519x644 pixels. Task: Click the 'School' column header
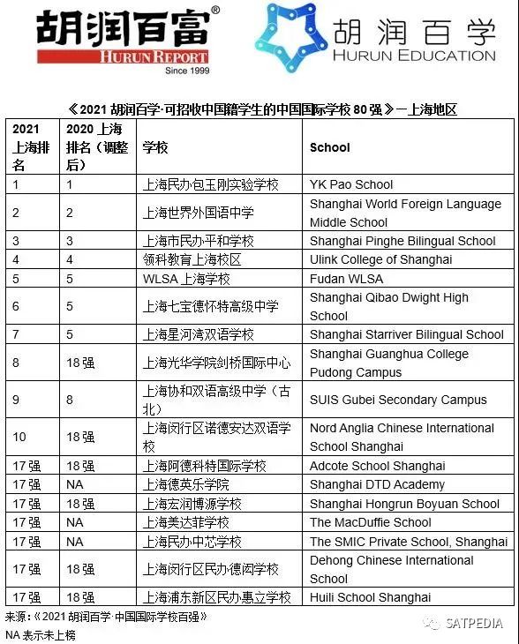coord(330,147)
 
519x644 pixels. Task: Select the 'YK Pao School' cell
coord(351,184)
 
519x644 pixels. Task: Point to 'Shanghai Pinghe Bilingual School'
coord(402,241)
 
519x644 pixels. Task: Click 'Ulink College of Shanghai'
coord(380,259)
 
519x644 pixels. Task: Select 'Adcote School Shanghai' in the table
coord(377,466)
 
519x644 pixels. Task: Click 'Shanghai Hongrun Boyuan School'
coord(404,504)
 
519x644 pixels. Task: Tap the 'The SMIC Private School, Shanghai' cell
coord(409,542)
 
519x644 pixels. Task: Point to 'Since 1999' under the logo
coord(187,71)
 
